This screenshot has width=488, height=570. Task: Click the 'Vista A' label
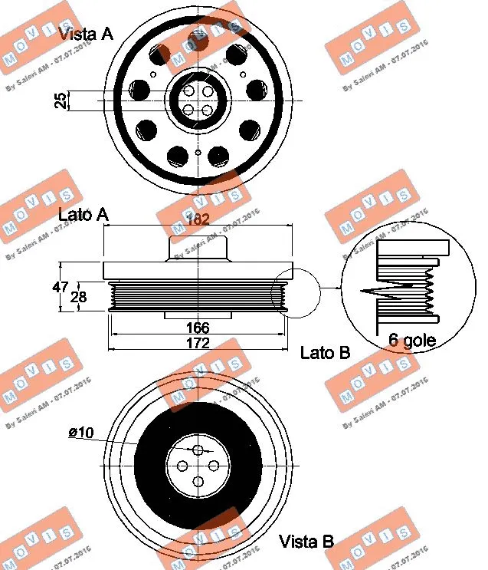[x=86, y=33]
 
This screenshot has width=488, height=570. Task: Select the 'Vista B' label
[x=306, y=541]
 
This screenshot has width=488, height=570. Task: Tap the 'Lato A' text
[x=83, y=216]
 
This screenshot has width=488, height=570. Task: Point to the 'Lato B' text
[x=325, y=353]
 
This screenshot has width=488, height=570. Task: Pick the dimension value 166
[x=198, y=328]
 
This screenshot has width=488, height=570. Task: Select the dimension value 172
[x=198, y=343]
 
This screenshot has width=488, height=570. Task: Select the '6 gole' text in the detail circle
[x=411, y=341]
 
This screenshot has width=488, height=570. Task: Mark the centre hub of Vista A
[x=198, y=101]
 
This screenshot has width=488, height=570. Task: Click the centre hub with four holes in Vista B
[x=198, y=466]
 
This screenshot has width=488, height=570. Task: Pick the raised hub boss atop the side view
[x=198, y=249]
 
